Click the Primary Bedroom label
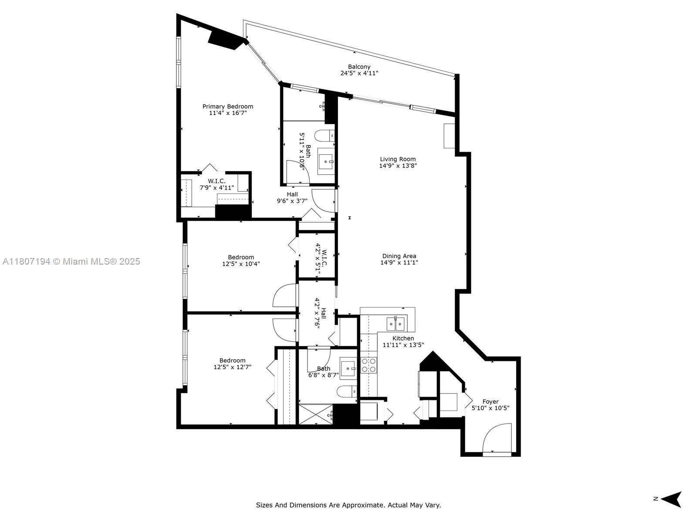(x=228, y=106)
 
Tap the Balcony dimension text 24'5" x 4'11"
(x=359, y=73)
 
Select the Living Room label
(x=398, y=159)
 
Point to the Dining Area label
(x=399, y=256)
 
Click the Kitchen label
(x=403, y=338)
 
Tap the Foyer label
(x=490, y=401)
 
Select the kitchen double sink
(x=396, y=323)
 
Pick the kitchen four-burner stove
(x=369, y=365)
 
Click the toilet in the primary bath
(x=324, y=136)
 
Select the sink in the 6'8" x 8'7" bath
(x=348, y=368)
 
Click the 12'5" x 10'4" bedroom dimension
(x=241, y=264)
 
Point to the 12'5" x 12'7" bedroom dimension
(x=233, y=367)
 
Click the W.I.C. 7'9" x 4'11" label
(x=217, y=184)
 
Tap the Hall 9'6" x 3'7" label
(x=292, y=197)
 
